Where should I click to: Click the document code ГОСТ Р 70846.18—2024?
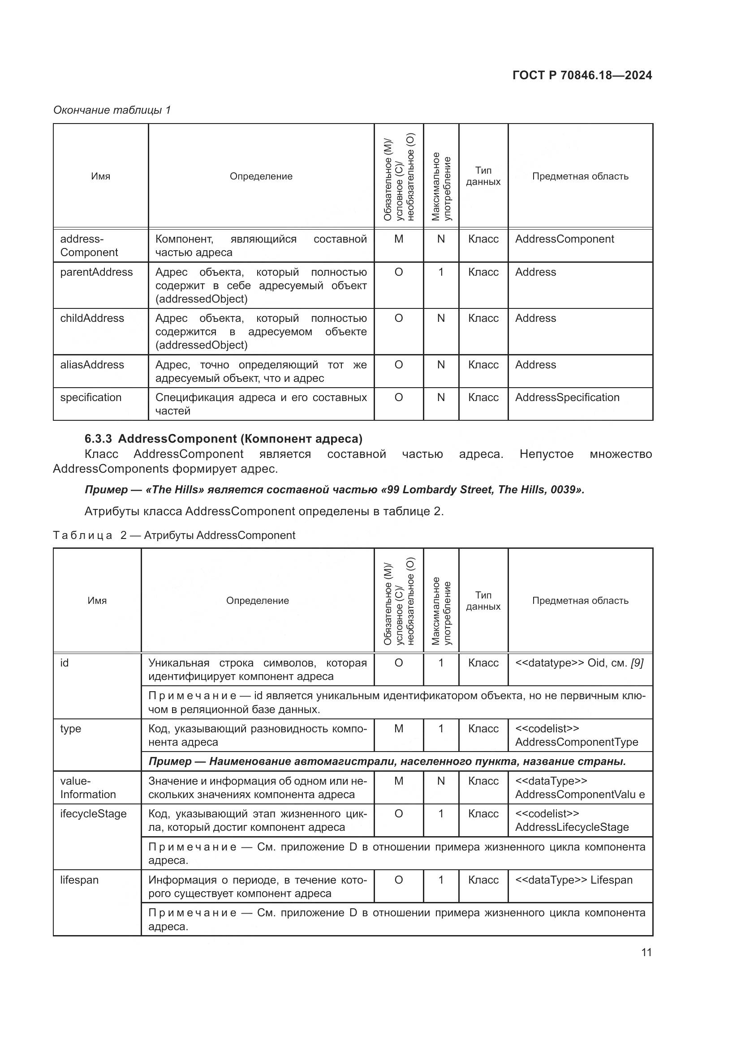[582, 75]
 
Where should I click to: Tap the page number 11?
[646, 952]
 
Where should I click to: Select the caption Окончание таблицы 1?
[112, 110]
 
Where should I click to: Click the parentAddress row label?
[96, 272]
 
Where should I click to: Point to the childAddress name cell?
[92, 318]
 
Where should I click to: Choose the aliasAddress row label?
[92, 365]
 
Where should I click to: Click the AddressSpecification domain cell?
[567, 397]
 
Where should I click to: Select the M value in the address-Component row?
[398, 239]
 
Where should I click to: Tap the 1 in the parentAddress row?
[441, 272]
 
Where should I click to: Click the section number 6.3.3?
[98, 439]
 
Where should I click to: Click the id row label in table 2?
[65, 663]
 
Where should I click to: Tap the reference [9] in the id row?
[637, 663]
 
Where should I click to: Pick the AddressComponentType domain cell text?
[576, 742]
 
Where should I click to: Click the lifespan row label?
[79, 880]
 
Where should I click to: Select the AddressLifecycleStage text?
[572, 827]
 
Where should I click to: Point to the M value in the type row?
[398, 729]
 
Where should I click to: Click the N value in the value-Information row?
[441, 781]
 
